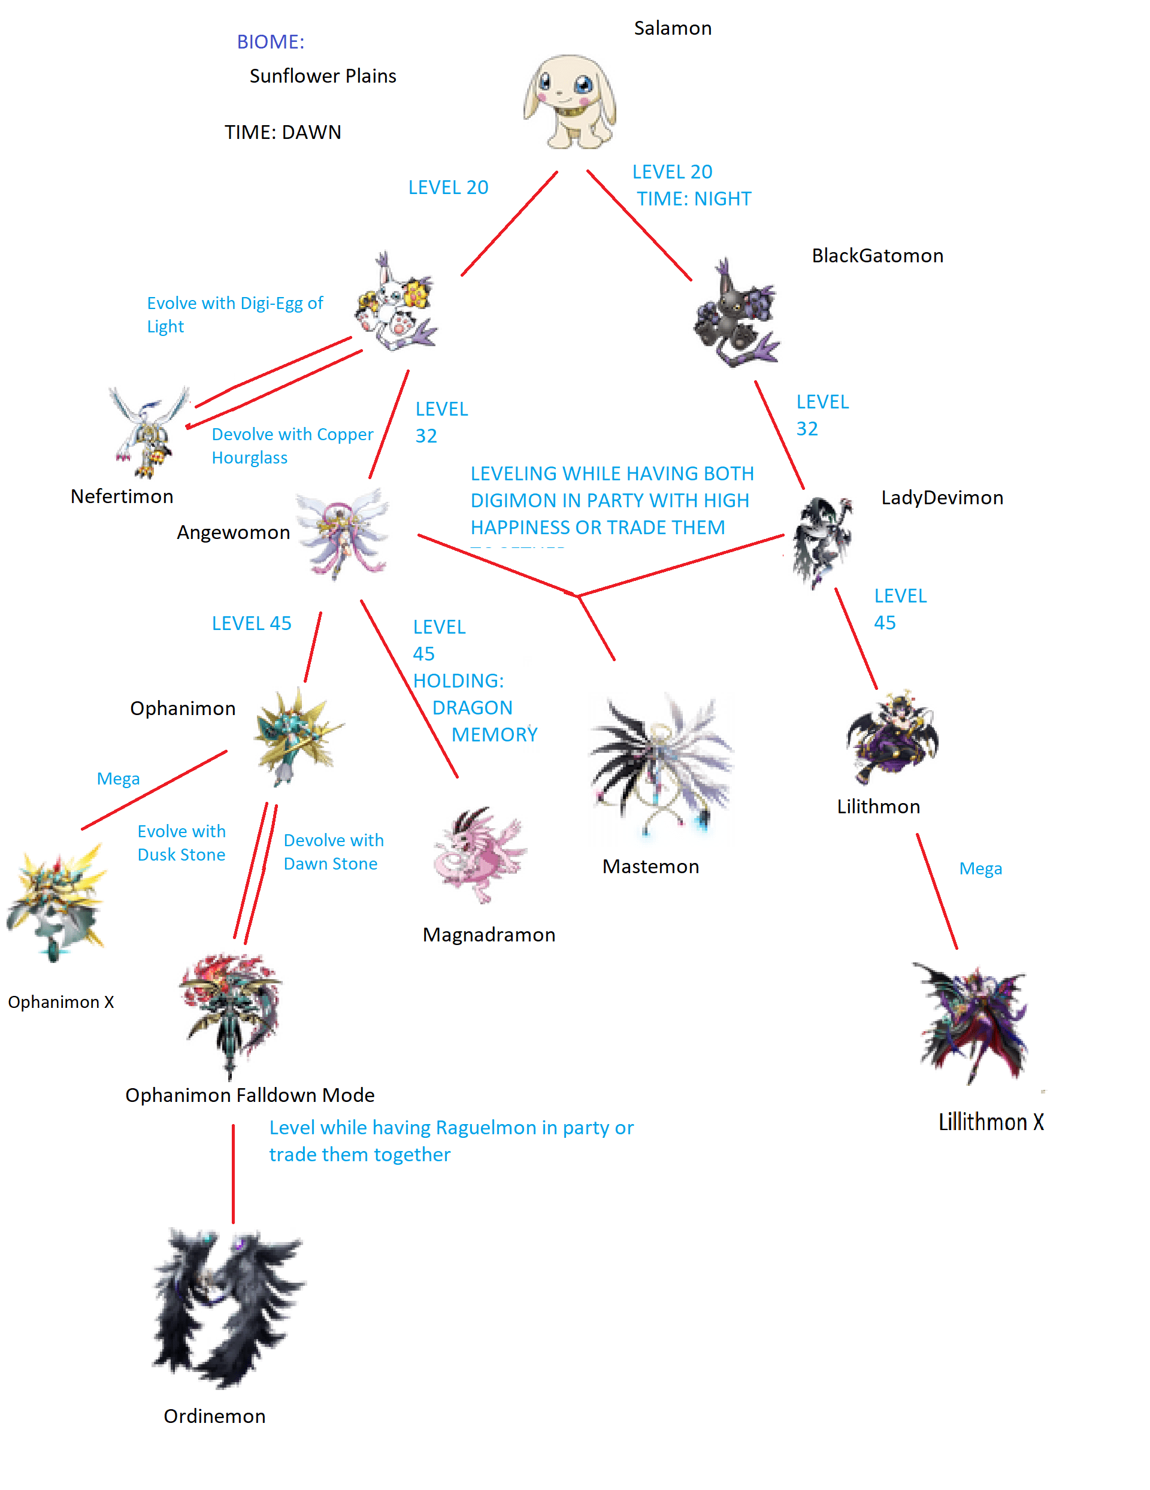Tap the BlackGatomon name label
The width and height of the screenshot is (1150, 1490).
877,256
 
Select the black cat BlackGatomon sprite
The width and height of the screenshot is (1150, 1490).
736,314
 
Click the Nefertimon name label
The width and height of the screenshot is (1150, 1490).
122,496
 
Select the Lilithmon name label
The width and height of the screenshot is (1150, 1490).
878,807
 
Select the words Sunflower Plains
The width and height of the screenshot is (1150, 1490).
323,77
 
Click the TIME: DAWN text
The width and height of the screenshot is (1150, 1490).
283,132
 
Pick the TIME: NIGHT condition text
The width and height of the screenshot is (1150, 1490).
694,199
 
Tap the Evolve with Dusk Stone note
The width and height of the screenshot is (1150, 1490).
181,843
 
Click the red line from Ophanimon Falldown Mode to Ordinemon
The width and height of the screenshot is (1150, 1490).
234,1173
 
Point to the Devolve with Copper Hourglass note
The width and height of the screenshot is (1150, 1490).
292,446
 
